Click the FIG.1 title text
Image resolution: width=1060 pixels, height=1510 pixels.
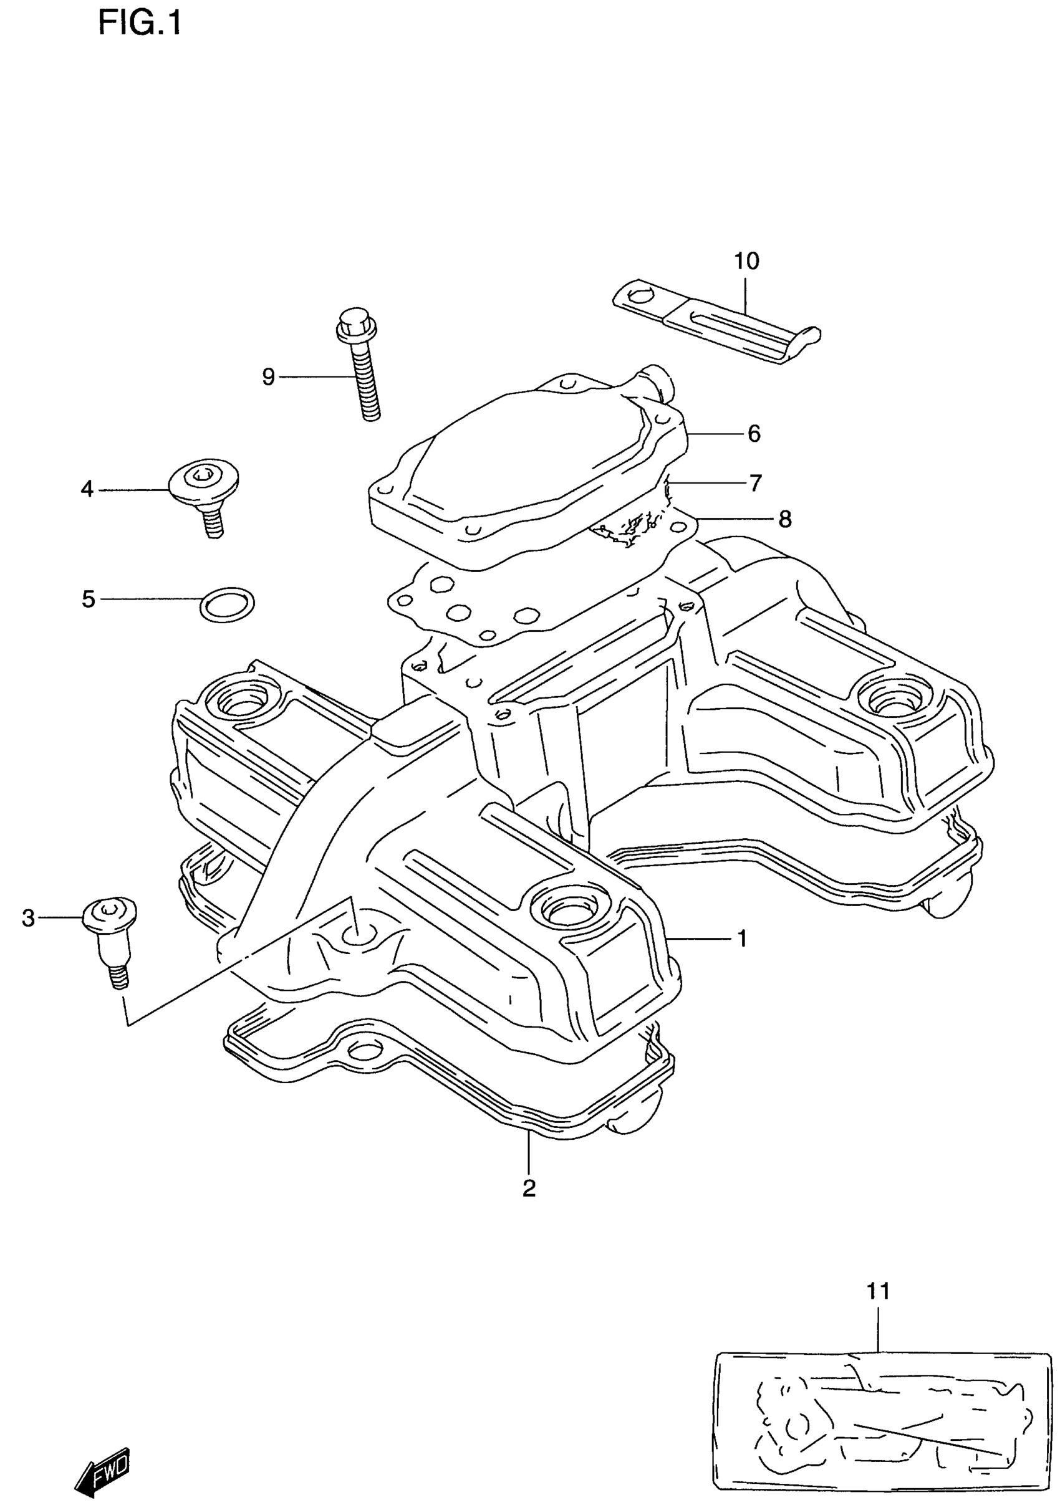140,24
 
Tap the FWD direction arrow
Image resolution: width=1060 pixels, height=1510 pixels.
104,1461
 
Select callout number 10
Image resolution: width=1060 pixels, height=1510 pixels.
747,261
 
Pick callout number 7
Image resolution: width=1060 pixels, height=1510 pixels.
755,484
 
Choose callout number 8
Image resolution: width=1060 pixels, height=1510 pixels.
785,520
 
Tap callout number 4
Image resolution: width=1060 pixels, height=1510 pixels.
87,489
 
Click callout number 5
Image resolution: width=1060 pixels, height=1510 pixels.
89,599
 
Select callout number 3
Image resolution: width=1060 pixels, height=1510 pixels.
28,918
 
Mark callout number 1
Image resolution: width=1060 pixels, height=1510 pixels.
742,939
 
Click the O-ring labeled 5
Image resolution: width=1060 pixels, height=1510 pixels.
227,604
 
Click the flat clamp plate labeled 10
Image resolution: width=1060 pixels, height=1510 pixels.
717,325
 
